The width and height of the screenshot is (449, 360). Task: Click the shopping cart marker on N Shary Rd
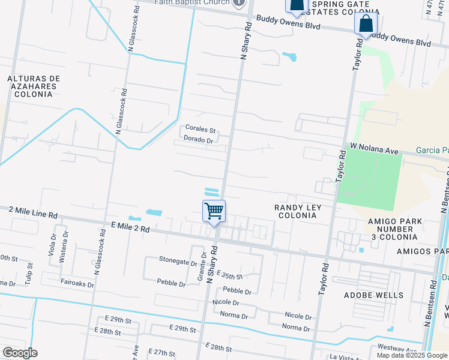[214, 212]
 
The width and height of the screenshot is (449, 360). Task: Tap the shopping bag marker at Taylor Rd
[366, 25]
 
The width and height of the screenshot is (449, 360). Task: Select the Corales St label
[200, 129]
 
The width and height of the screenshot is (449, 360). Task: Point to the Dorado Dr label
[199, 140]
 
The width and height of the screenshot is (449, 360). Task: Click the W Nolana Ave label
[375, 148]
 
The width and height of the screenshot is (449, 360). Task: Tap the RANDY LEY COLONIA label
[298, 212]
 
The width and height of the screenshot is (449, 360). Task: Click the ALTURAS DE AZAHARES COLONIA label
[34, 86]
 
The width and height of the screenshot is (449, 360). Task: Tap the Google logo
[20, 353]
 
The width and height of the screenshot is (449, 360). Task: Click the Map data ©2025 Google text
[412, 355]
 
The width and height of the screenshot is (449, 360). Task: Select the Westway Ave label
[397, 349]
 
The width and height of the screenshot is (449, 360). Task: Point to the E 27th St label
[160, 354]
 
